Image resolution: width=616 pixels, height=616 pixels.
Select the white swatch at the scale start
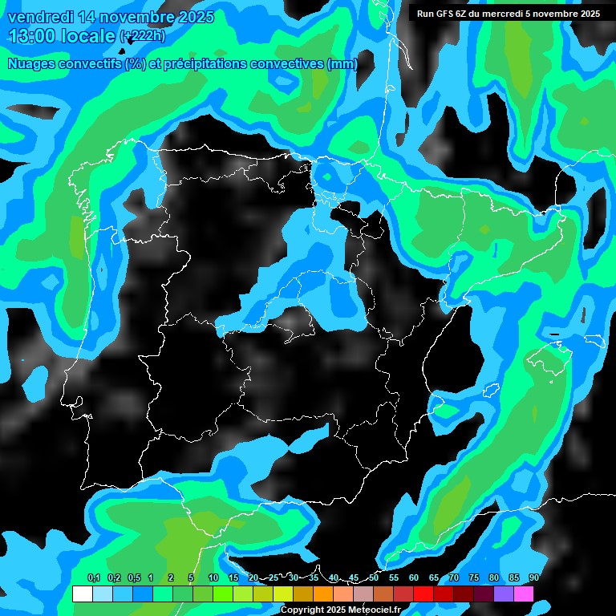[x=82, y=594]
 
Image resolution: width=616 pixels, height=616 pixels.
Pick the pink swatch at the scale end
[x=524, y=594]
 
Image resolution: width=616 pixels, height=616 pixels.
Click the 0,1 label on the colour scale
[x=94, y=577]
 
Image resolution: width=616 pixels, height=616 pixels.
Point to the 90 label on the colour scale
[x=534, y=577]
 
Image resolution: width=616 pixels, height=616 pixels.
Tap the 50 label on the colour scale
[x=374, y=577]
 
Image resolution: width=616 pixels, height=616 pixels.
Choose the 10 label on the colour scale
[x=213, y=577]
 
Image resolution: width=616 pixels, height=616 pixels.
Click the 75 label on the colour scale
[x=474, y=577]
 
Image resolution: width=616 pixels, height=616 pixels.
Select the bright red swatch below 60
[x=423, y=594]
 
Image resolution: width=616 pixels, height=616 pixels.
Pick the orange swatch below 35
[x=323, y=594]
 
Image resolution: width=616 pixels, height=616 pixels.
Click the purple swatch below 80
[x=504, y=594]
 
